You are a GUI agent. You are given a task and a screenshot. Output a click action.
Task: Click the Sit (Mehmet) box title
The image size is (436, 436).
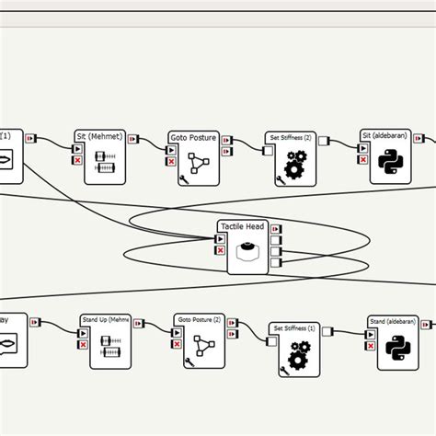(x=97, y=136)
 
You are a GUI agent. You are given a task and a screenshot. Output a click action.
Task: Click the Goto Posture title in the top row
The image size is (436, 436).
(x=193, y=137)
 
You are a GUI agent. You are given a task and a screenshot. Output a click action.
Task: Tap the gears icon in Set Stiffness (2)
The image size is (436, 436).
(x=294, y=166)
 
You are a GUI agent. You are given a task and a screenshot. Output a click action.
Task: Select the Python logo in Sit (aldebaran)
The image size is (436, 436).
(x=390, y=164)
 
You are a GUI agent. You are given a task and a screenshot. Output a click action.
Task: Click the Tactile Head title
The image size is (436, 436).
(x=241, y=226)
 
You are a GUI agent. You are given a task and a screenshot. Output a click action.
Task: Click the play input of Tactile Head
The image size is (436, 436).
(x=219, y=239)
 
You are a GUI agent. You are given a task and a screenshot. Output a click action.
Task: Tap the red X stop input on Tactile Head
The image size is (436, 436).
(x=219, y=250)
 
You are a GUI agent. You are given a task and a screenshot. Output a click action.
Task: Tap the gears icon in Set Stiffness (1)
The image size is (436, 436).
(x=299, y=355)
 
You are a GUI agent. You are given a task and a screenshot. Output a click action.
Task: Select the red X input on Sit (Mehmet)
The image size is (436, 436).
(x=77, y=160)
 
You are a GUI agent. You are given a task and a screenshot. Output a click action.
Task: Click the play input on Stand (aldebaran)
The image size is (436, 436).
(x=370, y=334)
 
